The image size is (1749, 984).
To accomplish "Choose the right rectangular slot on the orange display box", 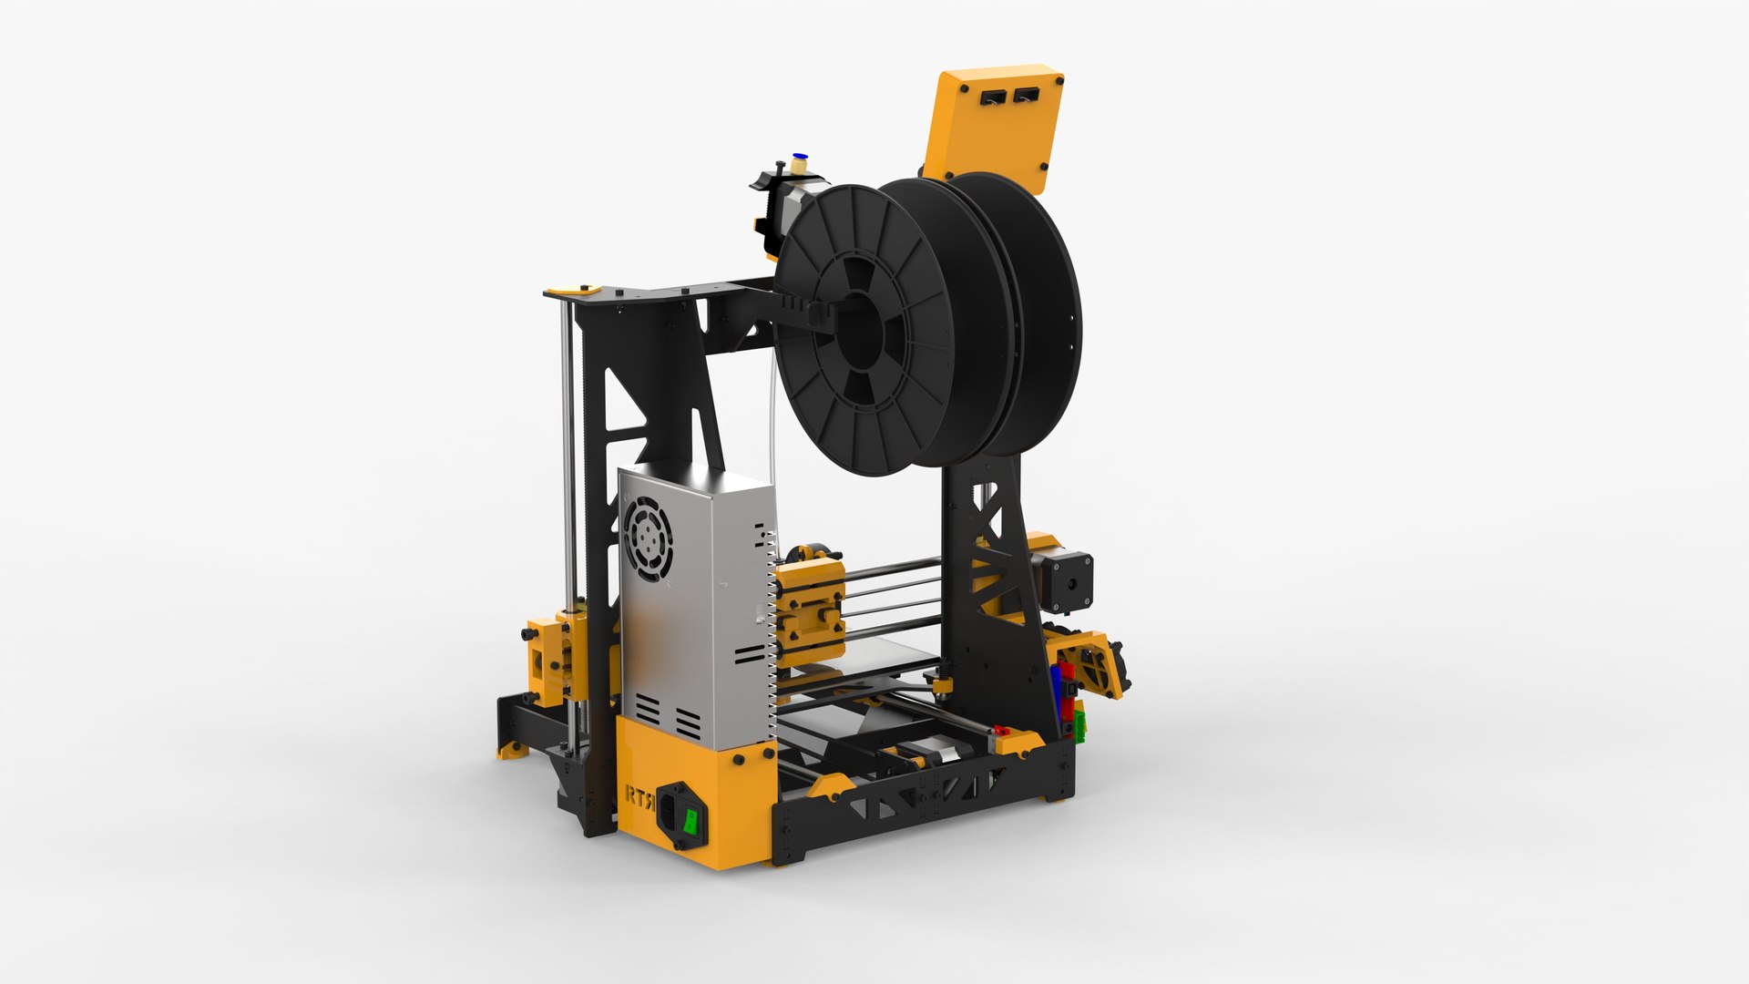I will (x=1027, y=94).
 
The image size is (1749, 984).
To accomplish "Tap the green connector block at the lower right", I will (x=1080, y=725).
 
